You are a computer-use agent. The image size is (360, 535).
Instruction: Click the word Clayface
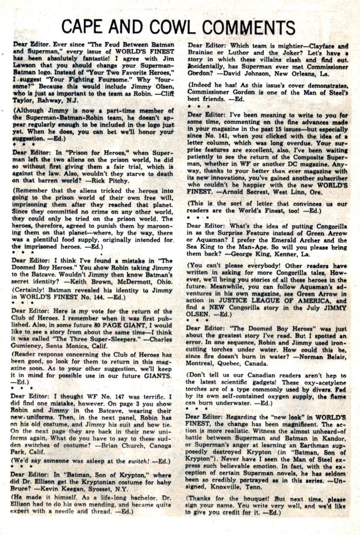tap(330, 46)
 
